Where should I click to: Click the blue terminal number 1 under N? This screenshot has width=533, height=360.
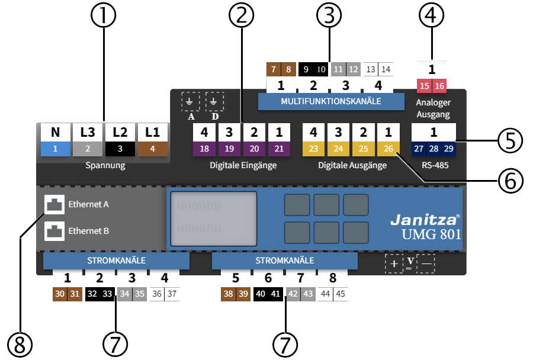(55, 149)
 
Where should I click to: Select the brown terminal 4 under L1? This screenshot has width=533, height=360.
(153, 149)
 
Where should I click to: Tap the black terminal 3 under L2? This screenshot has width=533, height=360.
(120, 149)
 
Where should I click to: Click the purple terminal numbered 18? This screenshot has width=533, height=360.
(204, 149)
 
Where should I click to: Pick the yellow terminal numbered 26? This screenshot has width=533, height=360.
(388, 149)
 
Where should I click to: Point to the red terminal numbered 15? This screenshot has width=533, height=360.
(425, 86)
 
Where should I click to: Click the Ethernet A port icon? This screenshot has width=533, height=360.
(54, 204)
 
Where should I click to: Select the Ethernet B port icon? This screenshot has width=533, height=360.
(54, 231)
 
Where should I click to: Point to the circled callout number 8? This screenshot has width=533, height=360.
(20, 343)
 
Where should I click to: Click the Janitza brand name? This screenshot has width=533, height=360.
(424, 220)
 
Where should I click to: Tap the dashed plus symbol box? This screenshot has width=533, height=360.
(394, 263)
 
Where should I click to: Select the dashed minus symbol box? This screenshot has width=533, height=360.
(426, 263)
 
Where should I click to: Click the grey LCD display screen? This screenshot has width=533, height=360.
(214, 218)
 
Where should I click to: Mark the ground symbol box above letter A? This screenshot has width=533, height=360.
(191, 101)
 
